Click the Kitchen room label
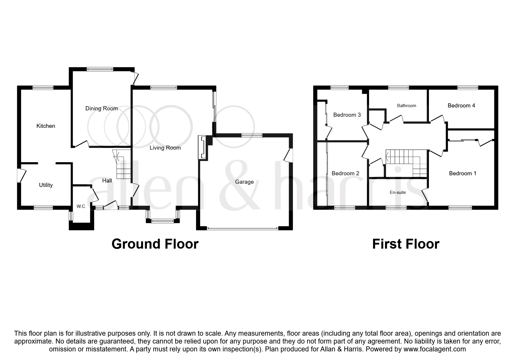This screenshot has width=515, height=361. [46, 126]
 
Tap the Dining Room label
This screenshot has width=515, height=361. [101, 108]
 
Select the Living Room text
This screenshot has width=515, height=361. [165, 148]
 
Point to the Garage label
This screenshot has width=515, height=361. [244, 182]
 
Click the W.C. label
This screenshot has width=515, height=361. [81, 206]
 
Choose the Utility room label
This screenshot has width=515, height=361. [46, 185]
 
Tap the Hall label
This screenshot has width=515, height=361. [107, 180]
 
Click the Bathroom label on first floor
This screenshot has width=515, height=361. [406, 105]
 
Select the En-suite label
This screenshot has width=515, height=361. [398, 192]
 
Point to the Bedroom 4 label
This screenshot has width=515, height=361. [461, 105]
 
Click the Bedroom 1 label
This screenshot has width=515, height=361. [462, 173]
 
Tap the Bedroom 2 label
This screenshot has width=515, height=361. [345, 173]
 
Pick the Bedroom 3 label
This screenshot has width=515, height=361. [347, 115]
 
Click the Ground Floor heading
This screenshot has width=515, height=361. [155, 244]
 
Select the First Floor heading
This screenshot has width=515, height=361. [405, 244]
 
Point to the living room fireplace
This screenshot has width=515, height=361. [202, 148]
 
